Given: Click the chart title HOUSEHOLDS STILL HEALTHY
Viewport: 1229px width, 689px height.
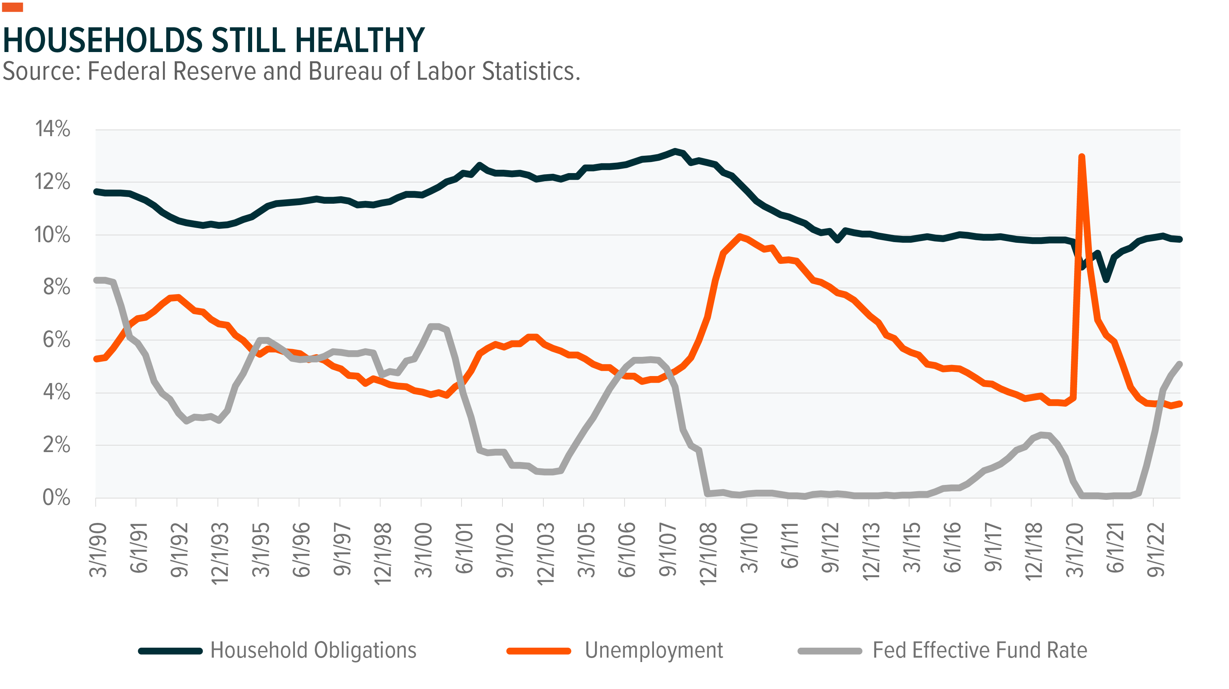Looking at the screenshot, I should click(x=213, y=40).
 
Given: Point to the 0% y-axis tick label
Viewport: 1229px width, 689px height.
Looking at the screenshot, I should click(x=56, y=497).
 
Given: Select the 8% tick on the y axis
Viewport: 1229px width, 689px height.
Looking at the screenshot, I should click(x=56, y=287).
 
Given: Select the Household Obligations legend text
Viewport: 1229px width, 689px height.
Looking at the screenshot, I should click(x=313, y=650).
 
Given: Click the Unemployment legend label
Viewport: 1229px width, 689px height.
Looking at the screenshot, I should click(x=654, y=650).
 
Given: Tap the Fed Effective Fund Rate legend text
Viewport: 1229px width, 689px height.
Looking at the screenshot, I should click(x=979, y=650).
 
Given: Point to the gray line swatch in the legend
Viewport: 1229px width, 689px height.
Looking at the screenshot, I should click(x=830, y=651).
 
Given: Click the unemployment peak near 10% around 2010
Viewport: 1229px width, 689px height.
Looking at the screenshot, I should click(x=739, y=236).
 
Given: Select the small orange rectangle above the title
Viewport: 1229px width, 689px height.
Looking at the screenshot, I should click(x=13, y=7).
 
